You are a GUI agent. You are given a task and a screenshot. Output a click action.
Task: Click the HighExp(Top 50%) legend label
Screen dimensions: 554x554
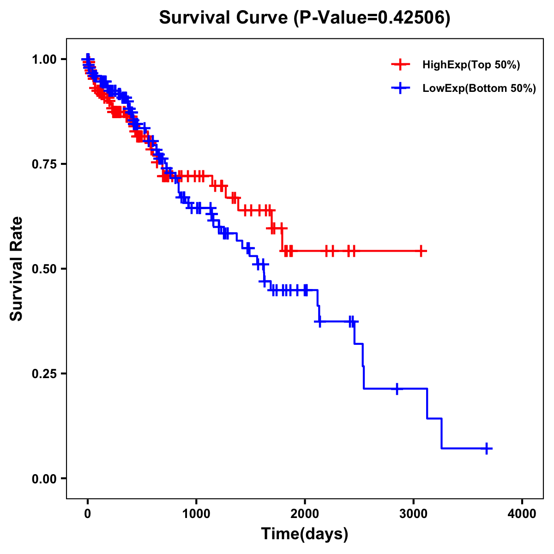(x=471, y=65)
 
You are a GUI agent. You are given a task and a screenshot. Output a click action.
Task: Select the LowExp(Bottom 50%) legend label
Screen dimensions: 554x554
(x=479, y=89)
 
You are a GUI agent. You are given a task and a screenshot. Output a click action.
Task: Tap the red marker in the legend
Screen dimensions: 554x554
(x=400, y=65)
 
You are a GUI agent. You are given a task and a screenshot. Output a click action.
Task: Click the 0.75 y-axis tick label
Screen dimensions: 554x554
(x=44, y=164)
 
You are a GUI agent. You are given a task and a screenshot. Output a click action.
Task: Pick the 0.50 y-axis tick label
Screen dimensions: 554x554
(x=44, y=269)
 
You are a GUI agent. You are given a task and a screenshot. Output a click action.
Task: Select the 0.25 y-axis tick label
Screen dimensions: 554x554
(x=44, y=373)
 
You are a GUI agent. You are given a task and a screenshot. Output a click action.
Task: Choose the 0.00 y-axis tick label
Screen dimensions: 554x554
(x=44, y=478)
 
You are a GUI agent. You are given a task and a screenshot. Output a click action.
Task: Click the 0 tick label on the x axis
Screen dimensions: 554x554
(x=88, y=514)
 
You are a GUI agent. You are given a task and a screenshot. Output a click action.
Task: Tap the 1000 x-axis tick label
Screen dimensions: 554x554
(x=196, y=514)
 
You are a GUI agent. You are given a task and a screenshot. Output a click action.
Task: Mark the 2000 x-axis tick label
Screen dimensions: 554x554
(x=305, y=514)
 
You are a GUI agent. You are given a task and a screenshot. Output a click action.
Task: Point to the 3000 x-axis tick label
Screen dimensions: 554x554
(x=414, y=514)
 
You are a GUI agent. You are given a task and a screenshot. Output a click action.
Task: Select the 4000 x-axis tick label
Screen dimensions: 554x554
(x=522, y=514)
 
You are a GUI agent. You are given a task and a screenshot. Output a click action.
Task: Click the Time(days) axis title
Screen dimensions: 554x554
(x=305, y=534)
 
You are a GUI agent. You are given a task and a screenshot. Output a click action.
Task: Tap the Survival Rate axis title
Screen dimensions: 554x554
(x=17, y=268)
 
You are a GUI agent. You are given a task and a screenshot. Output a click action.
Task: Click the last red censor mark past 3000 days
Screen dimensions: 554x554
(x=421, y=251)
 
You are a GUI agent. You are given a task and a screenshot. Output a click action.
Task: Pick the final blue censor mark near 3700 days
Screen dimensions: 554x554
(x=487, y=448)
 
